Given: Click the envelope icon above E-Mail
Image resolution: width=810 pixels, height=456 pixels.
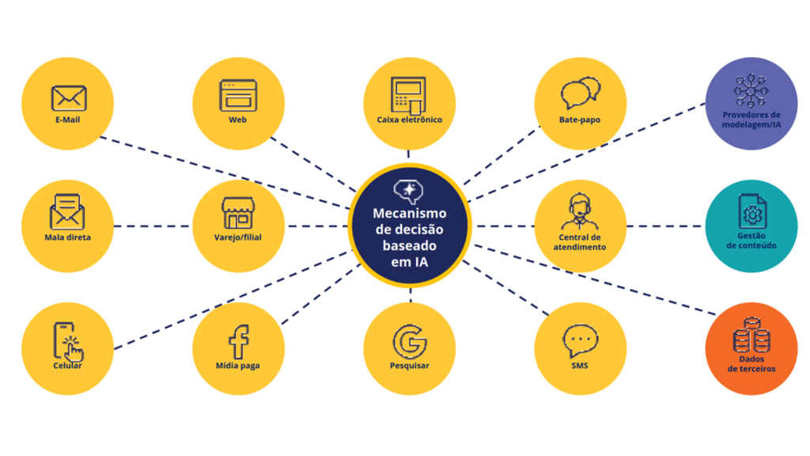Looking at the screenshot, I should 68,98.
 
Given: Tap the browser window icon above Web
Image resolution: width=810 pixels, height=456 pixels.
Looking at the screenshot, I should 238,96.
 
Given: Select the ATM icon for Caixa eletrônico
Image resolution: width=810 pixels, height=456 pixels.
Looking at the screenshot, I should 408,95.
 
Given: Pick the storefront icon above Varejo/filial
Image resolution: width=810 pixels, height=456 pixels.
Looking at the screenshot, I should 238,213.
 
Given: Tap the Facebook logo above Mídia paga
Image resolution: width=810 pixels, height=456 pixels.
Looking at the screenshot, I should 238,341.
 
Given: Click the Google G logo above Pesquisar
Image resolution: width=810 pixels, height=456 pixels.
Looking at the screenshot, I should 410,341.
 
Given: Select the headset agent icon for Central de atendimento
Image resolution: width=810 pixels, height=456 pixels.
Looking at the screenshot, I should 580,212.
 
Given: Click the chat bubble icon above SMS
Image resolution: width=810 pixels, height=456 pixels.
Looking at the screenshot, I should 581,341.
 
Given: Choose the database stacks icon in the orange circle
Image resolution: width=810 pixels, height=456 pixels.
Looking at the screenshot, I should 750,336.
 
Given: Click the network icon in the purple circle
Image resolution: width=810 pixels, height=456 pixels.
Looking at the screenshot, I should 751,91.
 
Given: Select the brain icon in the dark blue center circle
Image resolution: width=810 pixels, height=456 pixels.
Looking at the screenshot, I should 409,192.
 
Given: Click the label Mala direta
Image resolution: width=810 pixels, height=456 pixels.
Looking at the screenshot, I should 68,237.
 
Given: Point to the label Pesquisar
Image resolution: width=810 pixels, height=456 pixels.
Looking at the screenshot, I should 410,366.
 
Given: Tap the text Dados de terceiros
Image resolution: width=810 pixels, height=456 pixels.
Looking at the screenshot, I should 751,364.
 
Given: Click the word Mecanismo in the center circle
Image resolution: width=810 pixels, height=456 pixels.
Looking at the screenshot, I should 410,214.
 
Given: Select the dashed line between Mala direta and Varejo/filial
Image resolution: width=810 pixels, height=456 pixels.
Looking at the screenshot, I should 153,226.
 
